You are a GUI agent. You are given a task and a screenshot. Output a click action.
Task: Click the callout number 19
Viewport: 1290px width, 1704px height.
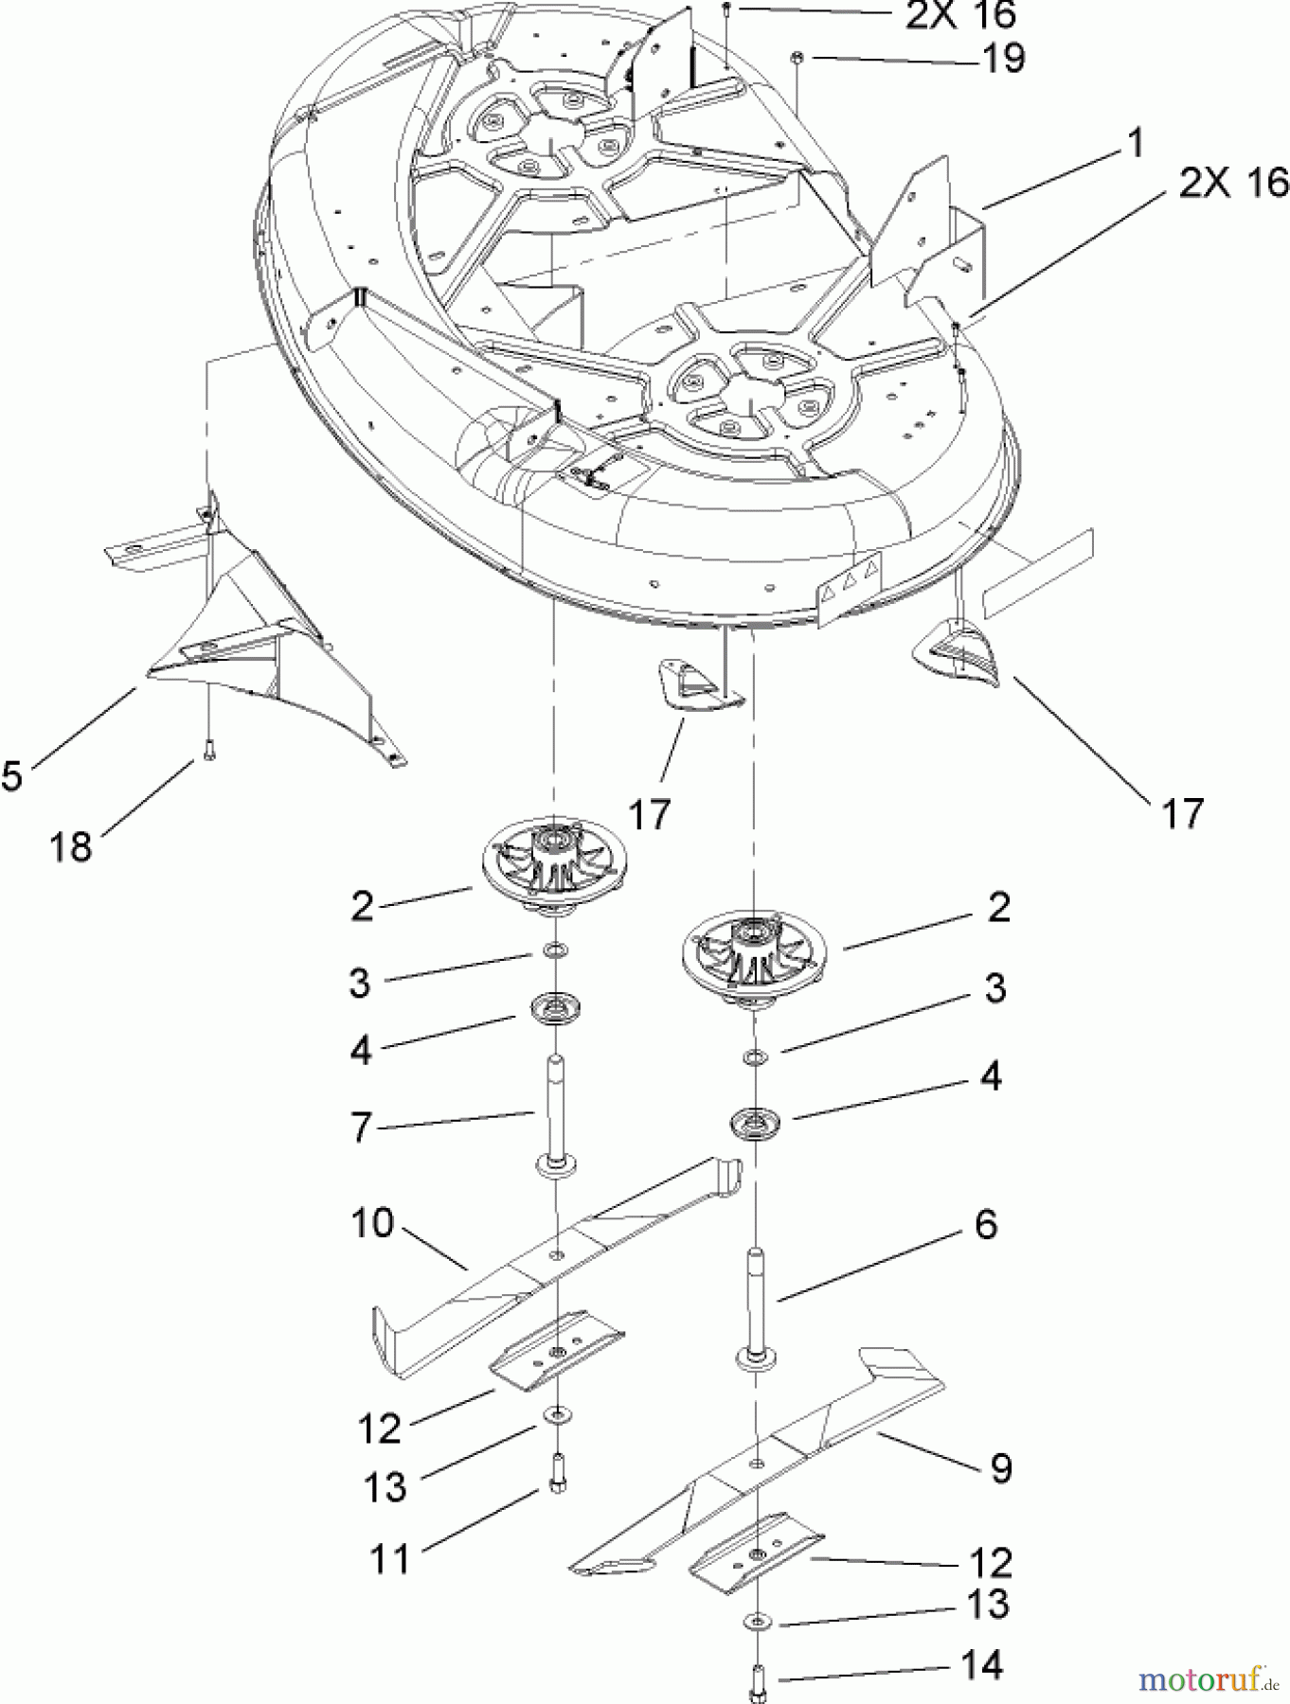pos(1002,59)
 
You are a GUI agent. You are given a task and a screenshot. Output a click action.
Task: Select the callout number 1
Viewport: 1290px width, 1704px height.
pos(1134,145)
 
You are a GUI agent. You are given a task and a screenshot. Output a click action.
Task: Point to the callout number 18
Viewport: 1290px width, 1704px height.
pos(71,845)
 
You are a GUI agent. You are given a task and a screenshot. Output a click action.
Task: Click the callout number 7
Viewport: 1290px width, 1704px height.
pos(361,1128)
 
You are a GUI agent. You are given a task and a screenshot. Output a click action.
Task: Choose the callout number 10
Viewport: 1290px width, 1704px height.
pos(371,1223)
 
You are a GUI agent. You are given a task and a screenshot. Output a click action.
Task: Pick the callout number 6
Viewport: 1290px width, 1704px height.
pos(986,1224)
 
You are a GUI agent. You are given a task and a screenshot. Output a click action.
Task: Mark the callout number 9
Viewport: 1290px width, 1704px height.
pos(1000,1467)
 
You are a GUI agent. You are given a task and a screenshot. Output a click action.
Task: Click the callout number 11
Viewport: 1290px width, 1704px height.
pos(388,1557)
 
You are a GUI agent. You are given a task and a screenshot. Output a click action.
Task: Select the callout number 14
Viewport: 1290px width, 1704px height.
pos(980,1663)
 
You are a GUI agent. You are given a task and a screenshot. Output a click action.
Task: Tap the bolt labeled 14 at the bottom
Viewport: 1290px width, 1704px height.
pos(759,1674)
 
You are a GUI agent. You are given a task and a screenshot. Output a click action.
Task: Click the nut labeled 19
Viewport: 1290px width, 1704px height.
pos(798,59)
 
